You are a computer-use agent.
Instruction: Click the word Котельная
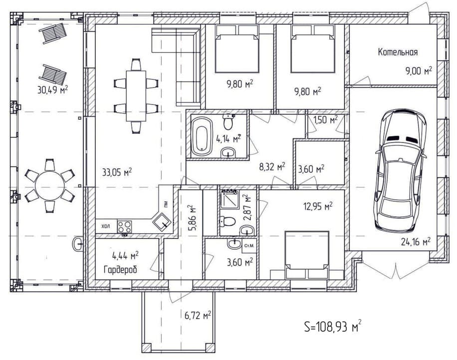point(398,52)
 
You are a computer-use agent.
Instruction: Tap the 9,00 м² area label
point(419,70)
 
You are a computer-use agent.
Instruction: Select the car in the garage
point(401,171)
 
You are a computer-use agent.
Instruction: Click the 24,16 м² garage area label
point(416,241)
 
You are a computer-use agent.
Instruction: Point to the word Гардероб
point(120,270)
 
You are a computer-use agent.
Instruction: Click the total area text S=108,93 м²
point(333,326)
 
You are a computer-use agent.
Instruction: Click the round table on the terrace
point(50,185)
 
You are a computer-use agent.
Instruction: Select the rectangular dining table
point(136,96)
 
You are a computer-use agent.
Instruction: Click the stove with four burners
point(124,227)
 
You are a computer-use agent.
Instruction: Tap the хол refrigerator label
point(106,226)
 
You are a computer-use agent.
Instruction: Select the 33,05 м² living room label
point(117,172)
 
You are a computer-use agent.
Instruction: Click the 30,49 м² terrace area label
point(53,89)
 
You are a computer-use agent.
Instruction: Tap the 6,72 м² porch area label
point(198,315)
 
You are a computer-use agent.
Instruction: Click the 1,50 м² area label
point(326,120)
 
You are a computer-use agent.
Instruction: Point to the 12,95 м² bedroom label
point(318,206)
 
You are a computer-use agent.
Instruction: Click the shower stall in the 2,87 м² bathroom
point(229,199)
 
